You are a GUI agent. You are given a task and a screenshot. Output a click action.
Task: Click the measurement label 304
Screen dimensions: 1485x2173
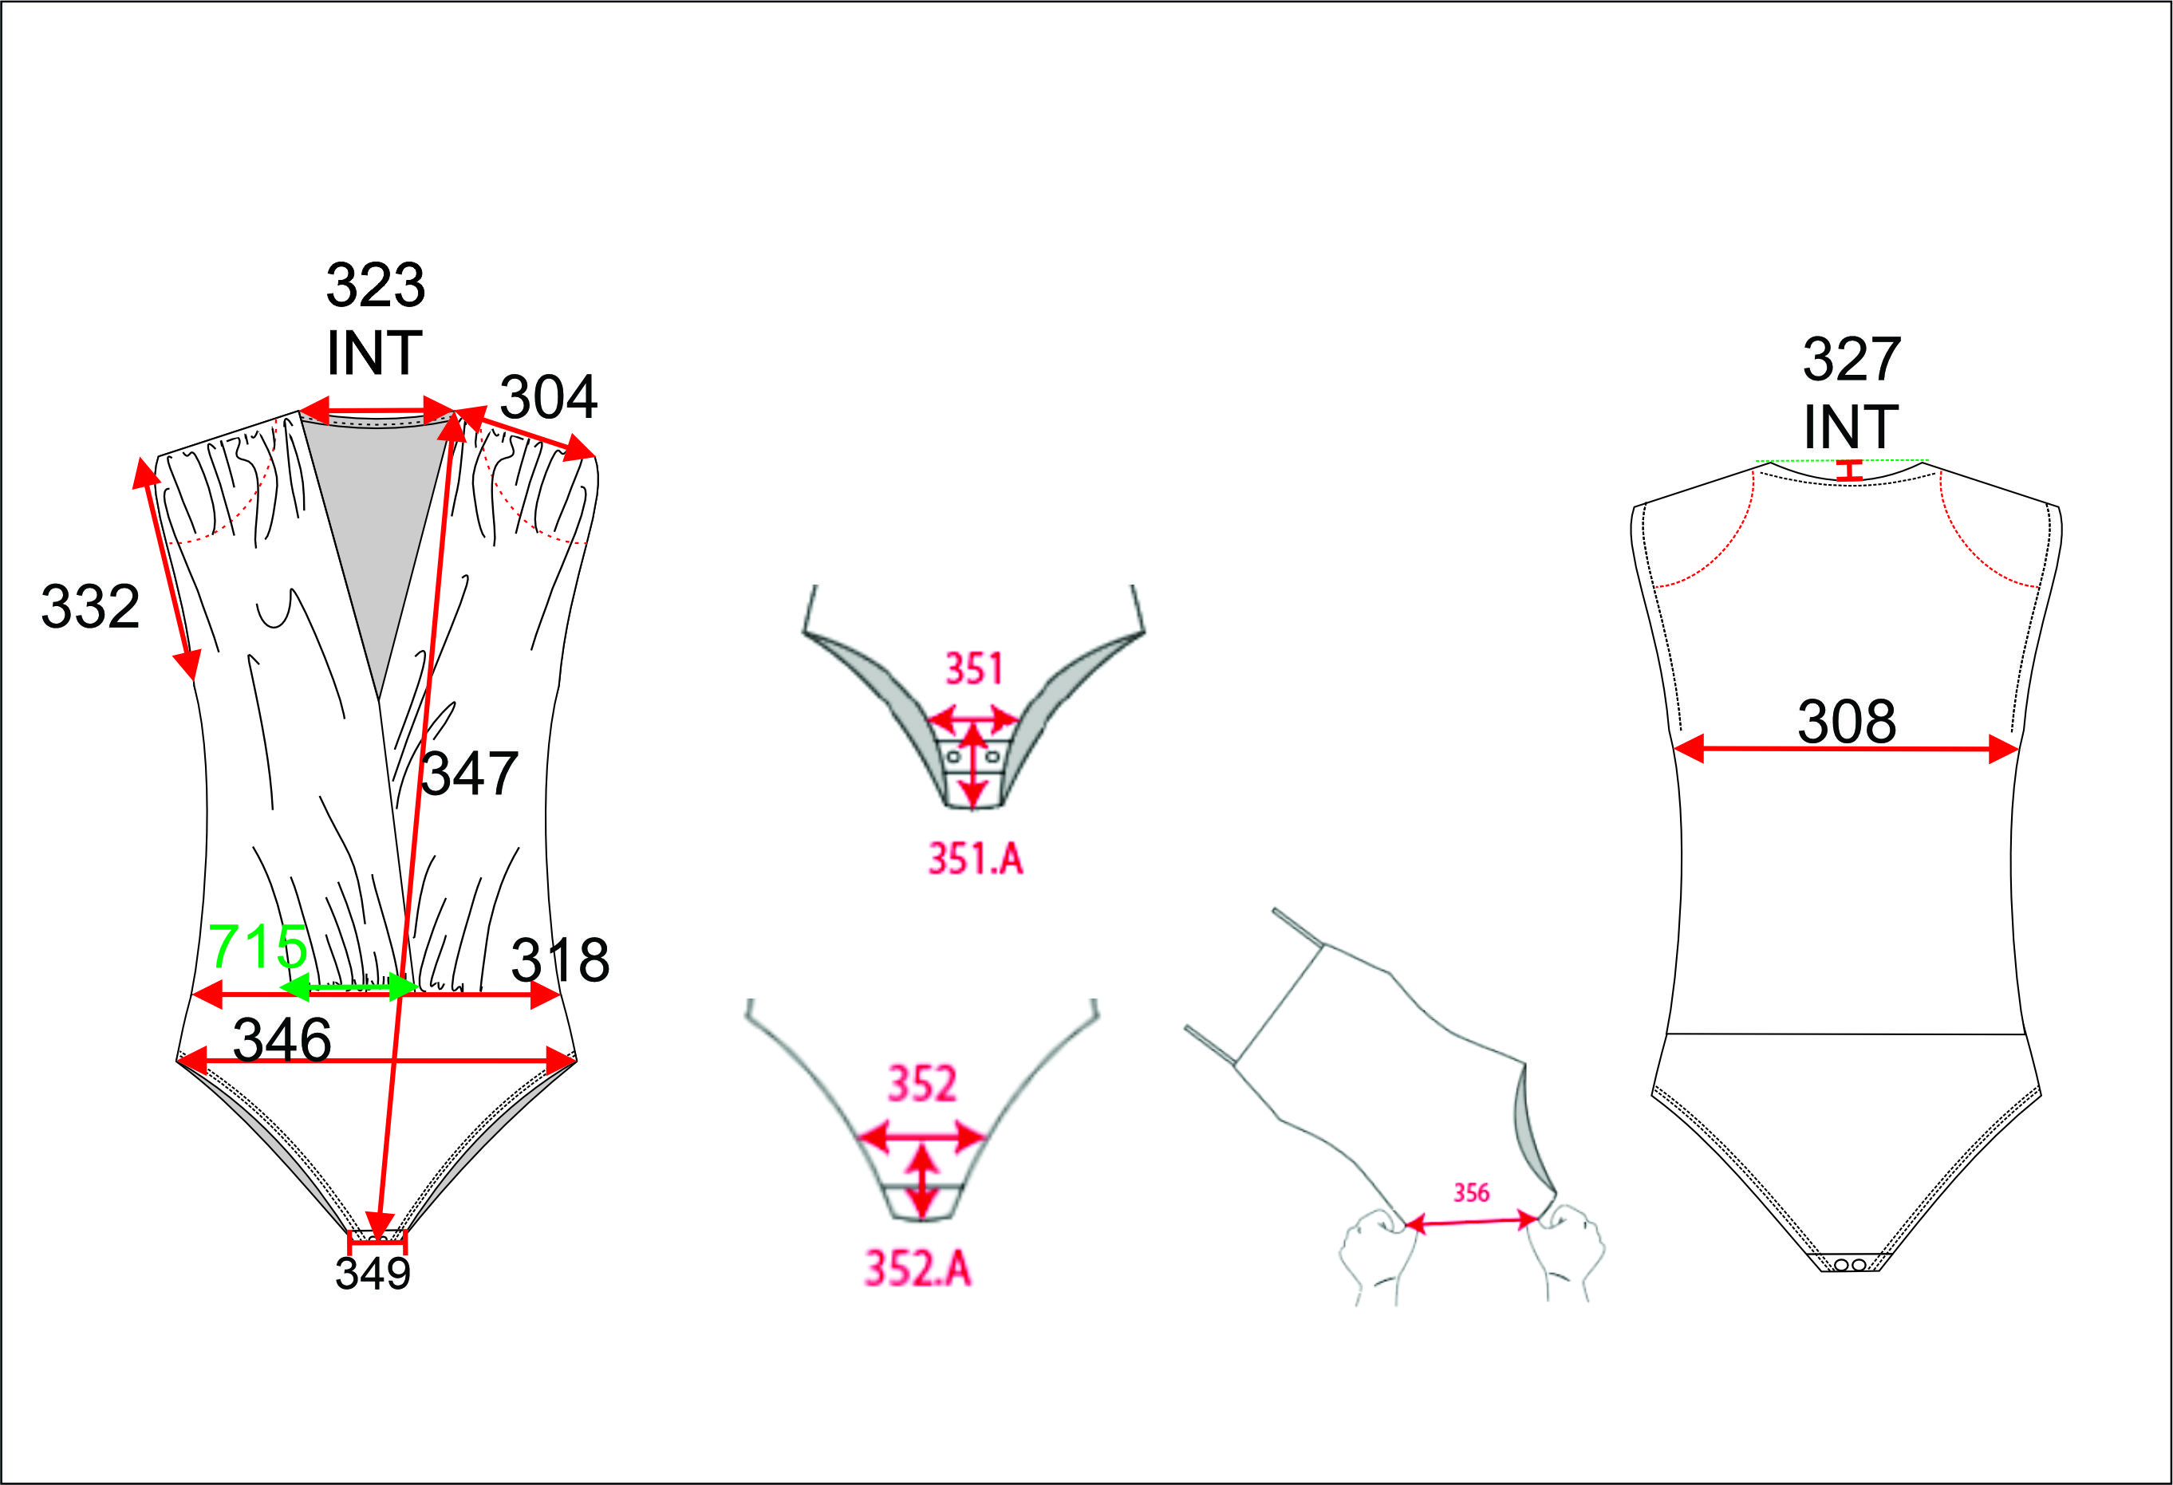[549, 397]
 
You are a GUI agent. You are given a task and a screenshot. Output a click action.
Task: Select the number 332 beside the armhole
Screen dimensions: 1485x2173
[90, 607]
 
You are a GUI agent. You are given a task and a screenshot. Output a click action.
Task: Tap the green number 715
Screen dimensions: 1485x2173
[257, 947]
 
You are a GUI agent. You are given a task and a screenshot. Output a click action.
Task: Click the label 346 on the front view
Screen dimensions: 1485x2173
[282, 1039]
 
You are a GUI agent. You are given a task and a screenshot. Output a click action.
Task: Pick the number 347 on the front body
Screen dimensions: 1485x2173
[469, 774]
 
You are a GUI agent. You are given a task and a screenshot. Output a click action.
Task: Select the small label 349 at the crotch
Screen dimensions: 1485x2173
[373, 1273]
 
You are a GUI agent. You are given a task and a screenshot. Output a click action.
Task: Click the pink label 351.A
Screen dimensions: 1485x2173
[976, 859]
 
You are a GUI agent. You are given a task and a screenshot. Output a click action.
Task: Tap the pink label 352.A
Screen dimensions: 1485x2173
[918, 1269]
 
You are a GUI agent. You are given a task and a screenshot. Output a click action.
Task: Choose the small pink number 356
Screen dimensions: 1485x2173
[1471, 1192]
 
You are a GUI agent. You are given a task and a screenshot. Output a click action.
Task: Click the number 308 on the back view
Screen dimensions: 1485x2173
[1847, 722]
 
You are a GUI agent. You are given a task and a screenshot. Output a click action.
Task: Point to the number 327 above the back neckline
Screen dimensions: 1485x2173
[1852, 359]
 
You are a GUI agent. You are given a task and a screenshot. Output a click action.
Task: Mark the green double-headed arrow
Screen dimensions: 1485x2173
[349, 987]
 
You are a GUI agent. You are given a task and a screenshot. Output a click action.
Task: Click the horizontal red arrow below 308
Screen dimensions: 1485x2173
[1846, 749]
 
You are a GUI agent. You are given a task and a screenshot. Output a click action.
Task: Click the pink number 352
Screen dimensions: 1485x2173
[922, 1084]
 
